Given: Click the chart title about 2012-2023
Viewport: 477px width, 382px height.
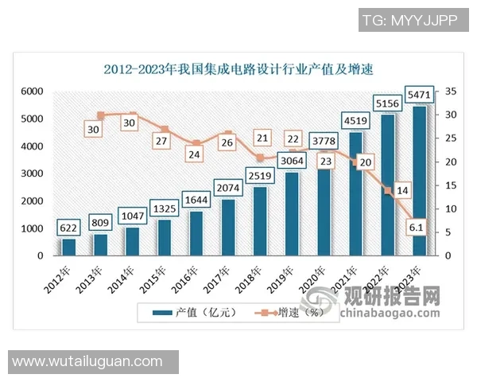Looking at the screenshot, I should [x=238, y=69].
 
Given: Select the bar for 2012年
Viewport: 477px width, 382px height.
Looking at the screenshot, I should [x=69, y=247].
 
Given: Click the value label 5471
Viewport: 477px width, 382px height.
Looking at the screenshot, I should [x=419, y=95].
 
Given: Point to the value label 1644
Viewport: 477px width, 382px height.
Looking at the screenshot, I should [x=196, y=198].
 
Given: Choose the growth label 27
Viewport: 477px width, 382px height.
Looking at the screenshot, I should [x=163, y=141].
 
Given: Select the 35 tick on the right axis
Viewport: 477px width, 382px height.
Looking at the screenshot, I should [x=450, y=92].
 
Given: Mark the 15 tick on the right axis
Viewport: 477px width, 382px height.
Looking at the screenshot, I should [x=450, y=185].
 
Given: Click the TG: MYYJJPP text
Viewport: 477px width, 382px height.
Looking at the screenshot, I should [x=409, y=20].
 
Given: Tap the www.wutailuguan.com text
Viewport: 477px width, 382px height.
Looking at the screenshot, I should [x=87, y=362].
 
